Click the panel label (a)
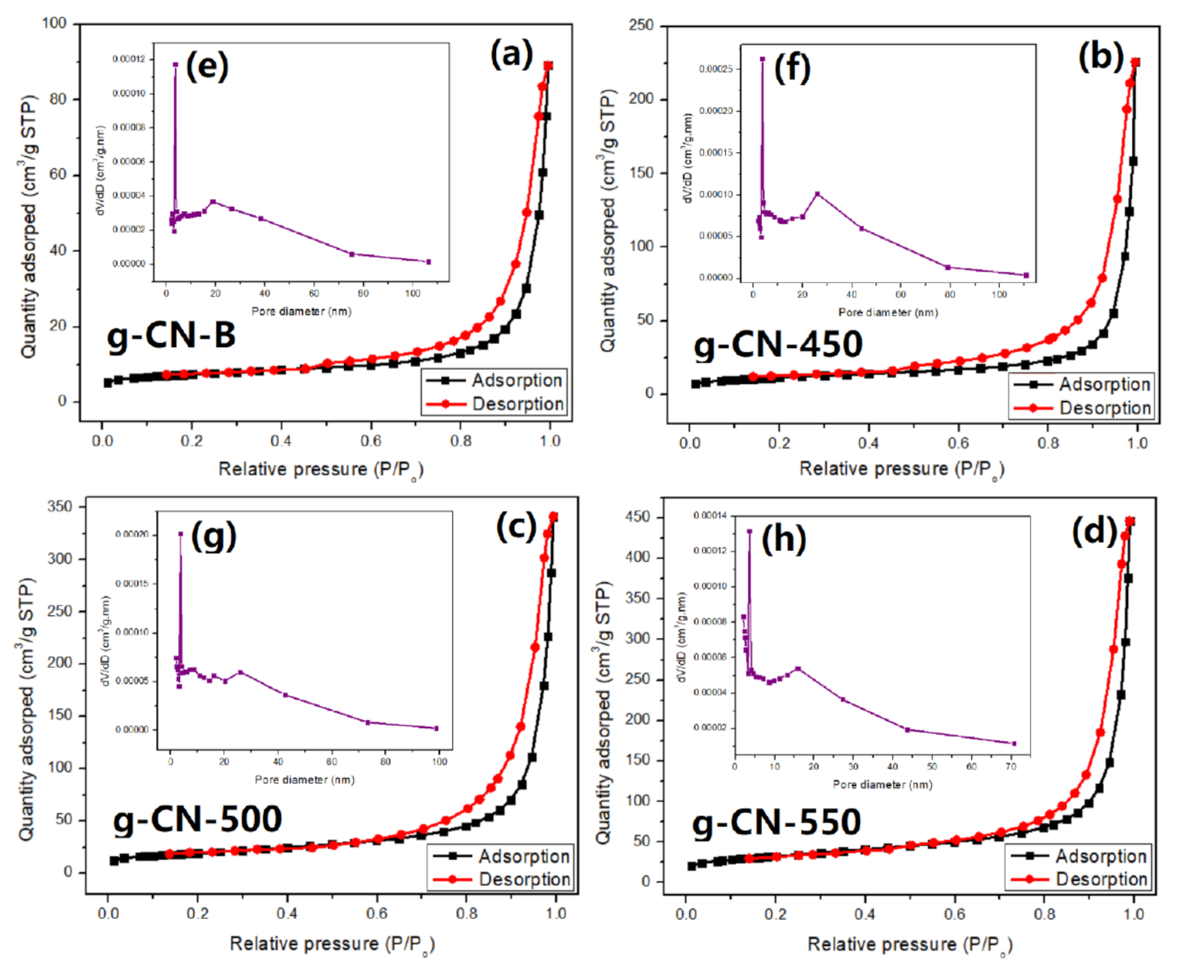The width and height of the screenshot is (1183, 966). (x=512, y=56)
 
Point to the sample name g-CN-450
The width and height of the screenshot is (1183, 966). (x=777, y=344)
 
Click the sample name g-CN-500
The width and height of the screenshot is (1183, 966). (x=197, y=818)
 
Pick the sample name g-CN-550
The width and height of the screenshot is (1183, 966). (x=776, y=821)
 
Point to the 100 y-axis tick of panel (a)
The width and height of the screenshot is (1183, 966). (x=54, y=23)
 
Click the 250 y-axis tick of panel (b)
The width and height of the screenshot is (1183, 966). (x=641, y=26)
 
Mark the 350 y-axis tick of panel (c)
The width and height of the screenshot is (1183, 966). (x=59, y=506)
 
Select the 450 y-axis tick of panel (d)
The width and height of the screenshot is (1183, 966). (x=637, y=517)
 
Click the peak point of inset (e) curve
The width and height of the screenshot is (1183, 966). (x=175, y=65)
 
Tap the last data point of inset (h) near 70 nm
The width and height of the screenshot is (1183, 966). (x=1014, y=743)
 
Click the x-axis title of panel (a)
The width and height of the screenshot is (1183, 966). (x=321, y=470)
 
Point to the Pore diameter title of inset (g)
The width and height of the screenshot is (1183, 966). (x=304, y=780)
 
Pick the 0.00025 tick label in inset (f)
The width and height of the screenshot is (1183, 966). (x=716, y=69)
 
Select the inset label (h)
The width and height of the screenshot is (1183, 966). (x=784, y=539)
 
